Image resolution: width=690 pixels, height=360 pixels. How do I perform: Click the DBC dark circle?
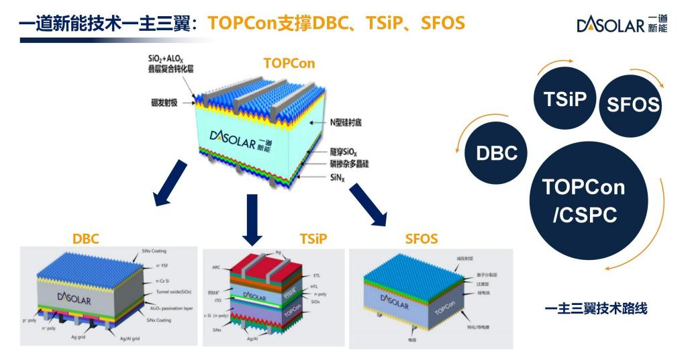tap(497, 152)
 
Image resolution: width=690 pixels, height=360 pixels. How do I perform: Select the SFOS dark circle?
tap(628, 103)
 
